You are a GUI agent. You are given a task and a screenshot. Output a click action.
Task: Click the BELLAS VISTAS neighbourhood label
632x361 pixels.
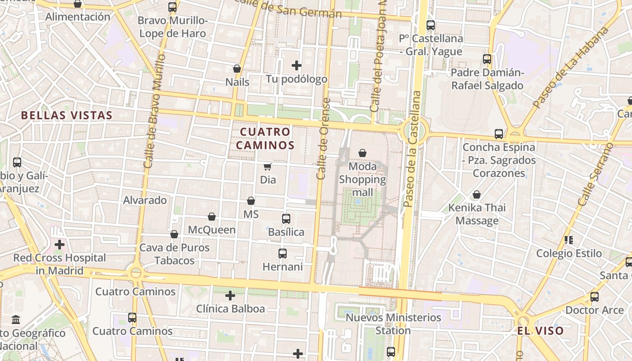(x=66, y=116)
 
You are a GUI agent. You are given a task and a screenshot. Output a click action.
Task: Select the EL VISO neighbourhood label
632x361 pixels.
(x=540, y=331)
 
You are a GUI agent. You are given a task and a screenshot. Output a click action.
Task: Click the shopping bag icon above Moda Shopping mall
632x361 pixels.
(x=362, y=153)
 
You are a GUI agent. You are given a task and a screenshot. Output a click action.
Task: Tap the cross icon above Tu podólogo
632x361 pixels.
(x=297, y=66)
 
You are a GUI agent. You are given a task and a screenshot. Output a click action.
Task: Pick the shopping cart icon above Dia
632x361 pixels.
(x=267, y=167)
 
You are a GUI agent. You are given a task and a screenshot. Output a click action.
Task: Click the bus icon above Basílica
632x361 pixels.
(x=286, y=219)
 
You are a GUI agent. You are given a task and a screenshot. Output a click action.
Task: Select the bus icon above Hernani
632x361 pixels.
(x=283, y=254)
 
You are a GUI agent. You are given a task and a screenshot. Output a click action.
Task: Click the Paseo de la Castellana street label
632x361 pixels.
(x=412, y=149)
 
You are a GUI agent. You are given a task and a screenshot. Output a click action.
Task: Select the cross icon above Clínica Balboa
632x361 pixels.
(x=230, y=296)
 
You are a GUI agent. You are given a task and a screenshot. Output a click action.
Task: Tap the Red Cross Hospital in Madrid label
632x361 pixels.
(x=59, y=264)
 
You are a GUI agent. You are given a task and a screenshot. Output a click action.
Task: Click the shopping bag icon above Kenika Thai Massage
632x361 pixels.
(x=476, y=195)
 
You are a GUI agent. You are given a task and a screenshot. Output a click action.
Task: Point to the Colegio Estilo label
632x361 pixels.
(x=569, y=254)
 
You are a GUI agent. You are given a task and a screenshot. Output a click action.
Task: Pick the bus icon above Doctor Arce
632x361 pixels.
(x=595, y=297)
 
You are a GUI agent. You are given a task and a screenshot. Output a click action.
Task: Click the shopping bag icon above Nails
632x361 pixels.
(x=237, y=69)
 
